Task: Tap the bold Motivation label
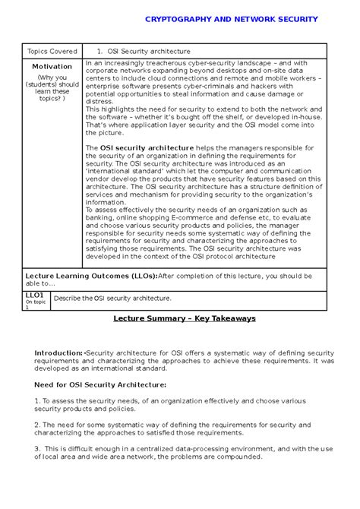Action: (x=52, y=67)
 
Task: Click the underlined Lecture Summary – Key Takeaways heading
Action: (x=179, y=318)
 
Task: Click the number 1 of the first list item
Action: (x=36, y=400)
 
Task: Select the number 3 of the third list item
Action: (x=36, y=449)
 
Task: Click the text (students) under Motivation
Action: (x=52, y=85)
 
